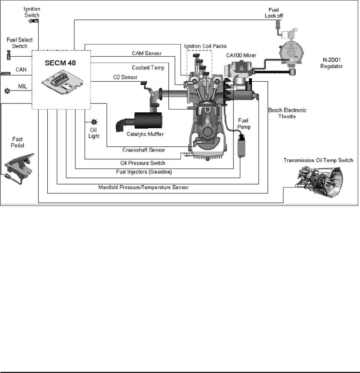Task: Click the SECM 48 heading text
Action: (x=60, y=63)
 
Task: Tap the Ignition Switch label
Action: (x=32, y=12)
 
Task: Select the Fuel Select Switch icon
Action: (x=9, y=55)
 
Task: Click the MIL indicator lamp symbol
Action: (x=7, y=91)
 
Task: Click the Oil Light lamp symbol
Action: (x=94, y=122)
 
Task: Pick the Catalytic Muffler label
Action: (x=145, y=134)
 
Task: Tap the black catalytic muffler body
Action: (x=148, y=121)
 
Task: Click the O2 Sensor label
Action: (x=125, y=77)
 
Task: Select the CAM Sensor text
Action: (x=147, y=53)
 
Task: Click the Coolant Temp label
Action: (x=148, y=68)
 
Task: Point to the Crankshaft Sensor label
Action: (x=144, y=150)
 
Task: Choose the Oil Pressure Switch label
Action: (x=142, y=163)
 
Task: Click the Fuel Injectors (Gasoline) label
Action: (x=144, y=172)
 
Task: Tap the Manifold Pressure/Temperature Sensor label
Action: (x=143, y=187)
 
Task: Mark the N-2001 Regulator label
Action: (x=332, y=63)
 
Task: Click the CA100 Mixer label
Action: (x=241, y=55)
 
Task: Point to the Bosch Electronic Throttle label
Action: (x=287, y=113)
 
